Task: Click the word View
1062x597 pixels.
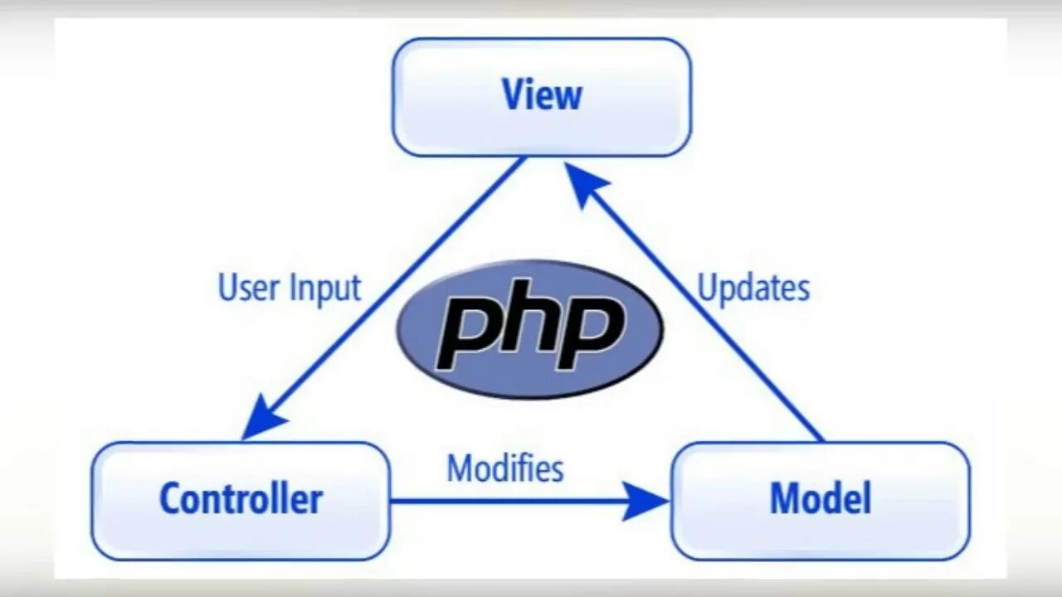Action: [542, 95]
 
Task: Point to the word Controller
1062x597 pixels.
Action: [241, 499]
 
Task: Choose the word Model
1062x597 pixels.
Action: [820, 499]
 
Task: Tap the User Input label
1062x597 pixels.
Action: [289, 288]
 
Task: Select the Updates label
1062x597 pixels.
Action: [753, 288]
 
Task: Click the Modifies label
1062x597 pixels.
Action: [505, 468]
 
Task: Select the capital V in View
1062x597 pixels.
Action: [513, 95]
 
